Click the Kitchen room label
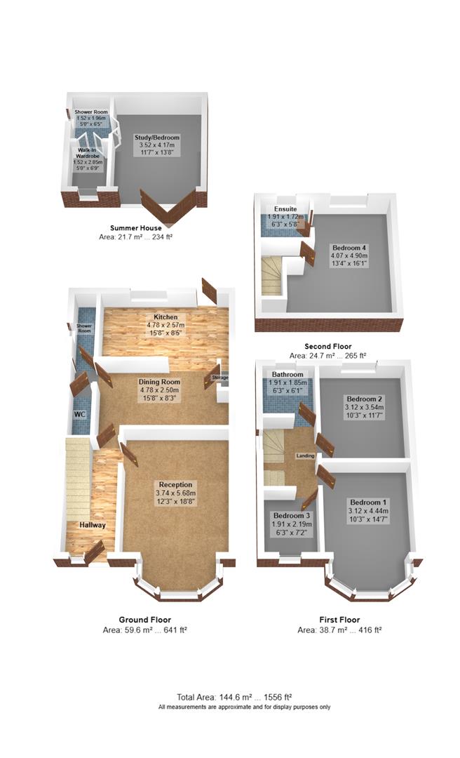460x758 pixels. [x=165, y=317]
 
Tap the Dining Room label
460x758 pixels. [x=159, y=382]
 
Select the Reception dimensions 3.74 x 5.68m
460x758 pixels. [x=175, y=493]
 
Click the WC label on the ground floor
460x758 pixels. [x=80, y=414]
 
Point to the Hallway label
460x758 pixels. [x=93, y=525]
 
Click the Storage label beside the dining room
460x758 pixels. [x=220, y=378]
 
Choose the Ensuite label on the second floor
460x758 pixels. [x=285, y=209]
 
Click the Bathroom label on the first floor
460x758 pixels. [x=287, y=374]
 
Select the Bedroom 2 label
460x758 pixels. [x=365, y=399]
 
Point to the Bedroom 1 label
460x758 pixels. [x=368, y=503]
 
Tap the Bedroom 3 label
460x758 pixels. [x=292, y=515]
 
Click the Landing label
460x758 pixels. [x=305, y=456]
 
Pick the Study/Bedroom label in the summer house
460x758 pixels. [x=157, y=138]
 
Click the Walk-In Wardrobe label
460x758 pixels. [x=88, y=153]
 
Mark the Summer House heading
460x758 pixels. [x=136, y=227]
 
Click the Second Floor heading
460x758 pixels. [x=328, y=346]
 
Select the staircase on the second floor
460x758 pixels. [x=271, y=276]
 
